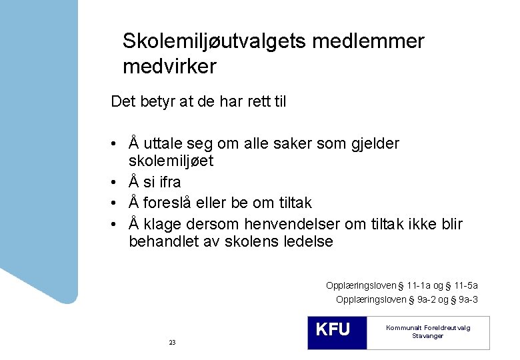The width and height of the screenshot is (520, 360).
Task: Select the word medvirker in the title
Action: pos(169,67)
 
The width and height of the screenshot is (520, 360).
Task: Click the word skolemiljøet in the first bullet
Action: pos(171,161)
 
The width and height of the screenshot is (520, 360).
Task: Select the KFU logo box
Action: pos(337,332)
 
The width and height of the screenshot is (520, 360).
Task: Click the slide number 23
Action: pos(172,342)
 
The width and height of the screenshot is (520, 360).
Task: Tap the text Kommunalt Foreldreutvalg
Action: pos(428,328)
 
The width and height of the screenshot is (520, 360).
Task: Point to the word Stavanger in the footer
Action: pos(428,336)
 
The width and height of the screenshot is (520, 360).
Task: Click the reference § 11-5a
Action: pos(471,285)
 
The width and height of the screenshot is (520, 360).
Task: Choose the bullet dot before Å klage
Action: pos(116,224)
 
